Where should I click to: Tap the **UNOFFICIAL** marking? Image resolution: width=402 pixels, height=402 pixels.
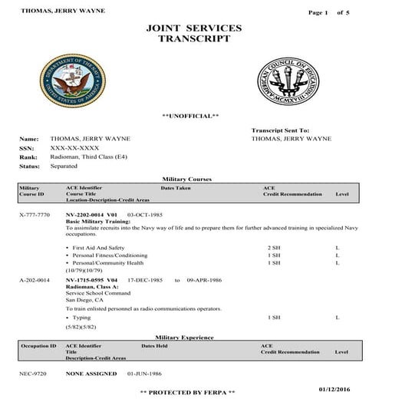191,116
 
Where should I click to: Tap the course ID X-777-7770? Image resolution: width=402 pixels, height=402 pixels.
34,215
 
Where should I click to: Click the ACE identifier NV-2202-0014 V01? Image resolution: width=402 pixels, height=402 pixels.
91,215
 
